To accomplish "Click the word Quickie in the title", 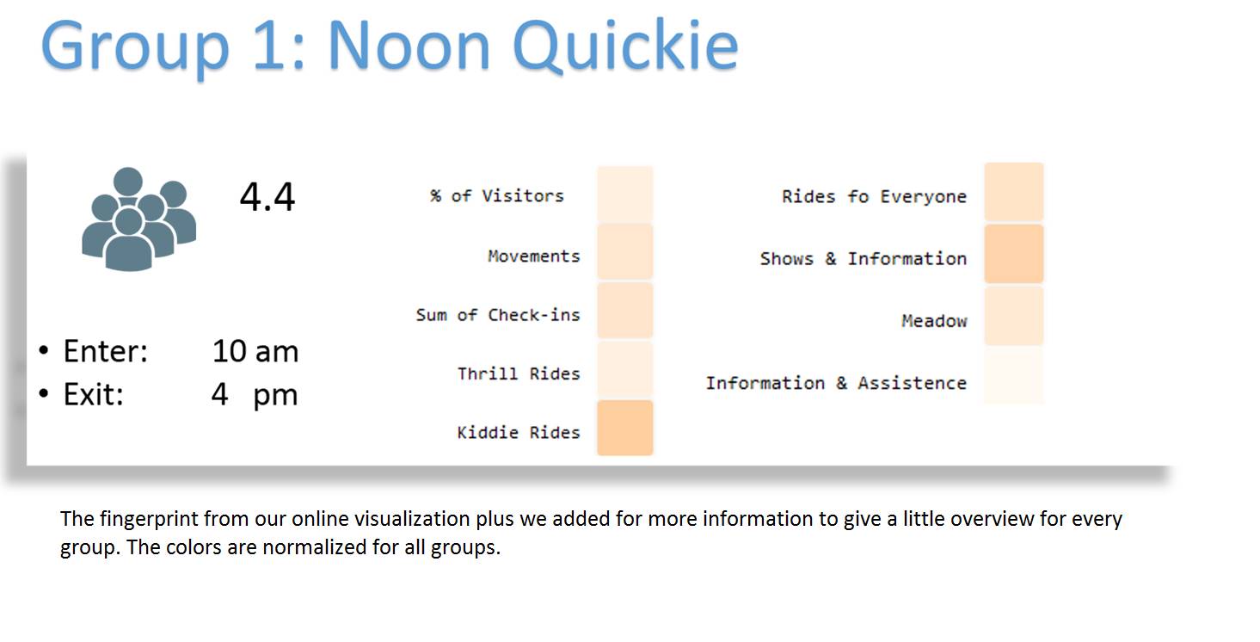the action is (x=624, y=47).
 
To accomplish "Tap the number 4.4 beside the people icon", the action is (x=267, y=197).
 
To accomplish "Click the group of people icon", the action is (x=139, y=219).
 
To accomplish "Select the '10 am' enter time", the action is (x=255, y=351).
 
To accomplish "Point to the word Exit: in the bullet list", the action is (x=94, y=394).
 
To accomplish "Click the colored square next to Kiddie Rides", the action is (x=625, y=428).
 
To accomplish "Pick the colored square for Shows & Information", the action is (x=1014, y=254).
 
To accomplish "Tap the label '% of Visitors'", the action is (x=496, y=196).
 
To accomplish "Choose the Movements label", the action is (x=534, y=256).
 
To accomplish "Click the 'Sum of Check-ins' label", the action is (x=498, y=314).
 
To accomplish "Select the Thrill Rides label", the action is (x=519, y=373).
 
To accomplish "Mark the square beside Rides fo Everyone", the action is (x=1014, y=192).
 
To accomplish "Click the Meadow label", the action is (x=934, y=321).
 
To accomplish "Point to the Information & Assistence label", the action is (x=837, y=383).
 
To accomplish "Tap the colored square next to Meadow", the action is (x=1014, y=316).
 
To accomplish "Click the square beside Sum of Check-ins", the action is (x=625, y=311).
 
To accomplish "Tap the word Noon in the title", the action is (x=409, y=47).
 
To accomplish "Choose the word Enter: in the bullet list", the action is (x=105, y=351).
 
